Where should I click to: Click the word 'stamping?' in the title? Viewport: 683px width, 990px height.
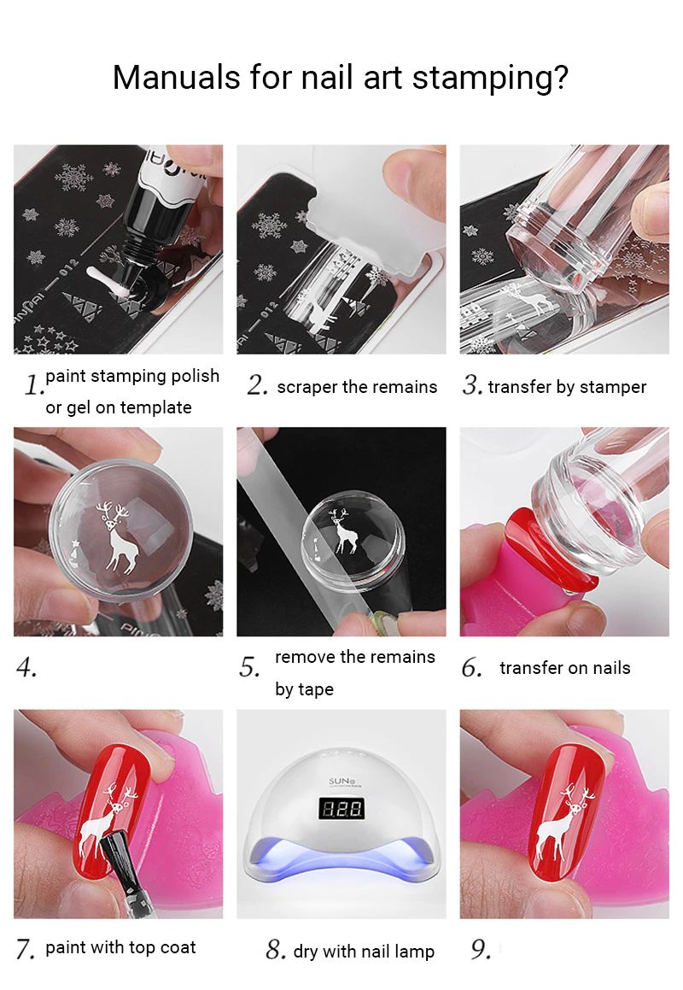490,79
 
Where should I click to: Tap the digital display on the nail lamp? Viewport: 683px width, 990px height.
341,808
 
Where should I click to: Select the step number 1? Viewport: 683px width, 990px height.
33,384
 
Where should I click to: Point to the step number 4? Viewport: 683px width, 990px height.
26,667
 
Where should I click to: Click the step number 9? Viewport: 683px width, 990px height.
481,949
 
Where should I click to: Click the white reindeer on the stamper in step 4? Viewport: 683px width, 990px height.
118,536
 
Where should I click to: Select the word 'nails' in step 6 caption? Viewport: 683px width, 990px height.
611,668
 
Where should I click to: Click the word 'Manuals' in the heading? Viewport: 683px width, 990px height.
177,79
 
